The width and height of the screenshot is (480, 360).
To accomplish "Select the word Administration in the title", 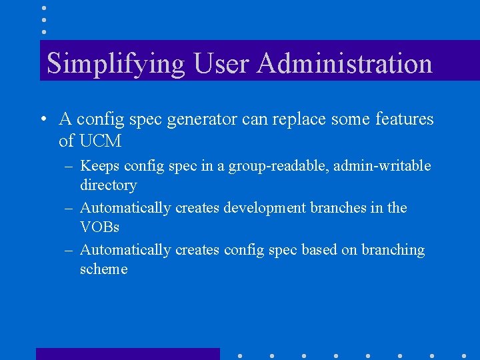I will (x=345, y=64).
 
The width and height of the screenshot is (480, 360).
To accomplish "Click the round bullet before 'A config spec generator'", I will (x=43, y=119).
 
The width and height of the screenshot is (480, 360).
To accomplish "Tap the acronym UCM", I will (x=99, y=141).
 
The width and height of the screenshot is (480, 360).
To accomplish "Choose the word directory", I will (x=108, y=185).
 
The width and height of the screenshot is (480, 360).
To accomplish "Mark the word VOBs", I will (x=99, y=227).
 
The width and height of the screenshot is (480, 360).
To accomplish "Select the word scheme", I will (x=103, y=269).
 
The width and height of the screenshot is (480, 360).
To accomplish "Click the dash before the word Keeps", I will (x=69, y=166).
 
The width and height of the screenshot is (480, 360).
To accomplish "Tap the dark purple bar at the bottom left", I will (x=127, y=353).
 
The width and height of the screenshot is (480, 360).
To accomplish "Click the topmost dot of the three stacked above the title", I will (x=44, y=7).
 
